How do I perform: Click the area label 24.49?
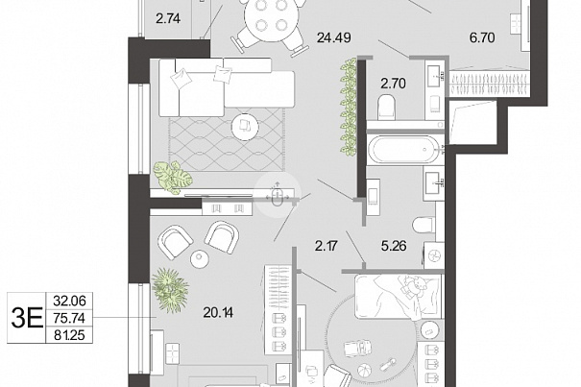pos(334,37)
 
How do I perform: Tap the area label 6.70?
pos(482,37)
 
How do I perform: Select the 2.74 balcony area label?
pos(168,18)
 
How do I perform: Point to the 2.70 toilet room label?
pos(393,84)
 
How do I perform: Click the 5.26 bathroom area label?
pos(394,246)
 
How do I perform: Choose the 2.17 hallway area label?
pos(327,246)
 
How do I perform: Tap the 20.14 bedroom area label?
pos(218,313)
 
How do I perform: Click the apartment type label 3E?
pos(27,318)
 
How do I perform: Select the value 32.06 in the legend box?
pos(69,301)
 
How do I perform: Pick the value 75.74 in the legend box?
pos(69,318)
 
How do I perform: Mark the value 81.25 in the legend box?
pos(69,335)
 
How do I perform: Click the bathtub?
pos(404,150)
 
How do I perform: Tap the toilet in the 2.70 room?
pos(386,107)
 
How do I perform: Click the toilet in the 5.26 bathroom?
pos(424,225)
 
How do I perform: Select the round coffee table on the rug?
pos(245,127)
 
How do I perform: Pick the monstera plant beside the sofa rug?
pos(172,178)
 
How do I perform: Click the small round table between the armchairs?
pos(200,258)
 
